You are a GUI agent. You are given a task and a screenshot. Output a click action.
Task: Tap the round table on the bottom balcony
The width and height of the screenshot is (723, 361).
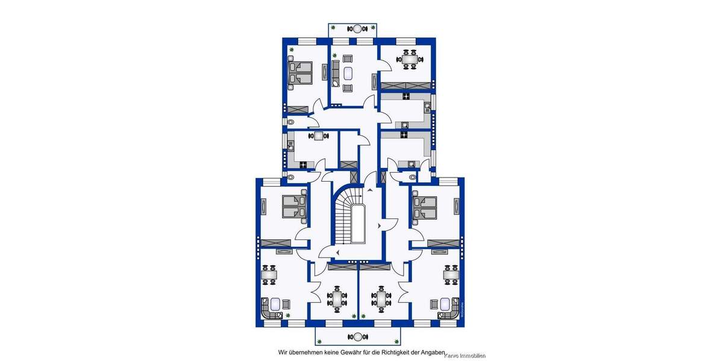(x=358, y=336)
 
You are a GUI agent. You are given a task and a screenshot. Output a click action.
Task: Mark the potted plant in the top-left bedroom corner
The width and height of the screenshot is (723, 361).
(x=292, y=49)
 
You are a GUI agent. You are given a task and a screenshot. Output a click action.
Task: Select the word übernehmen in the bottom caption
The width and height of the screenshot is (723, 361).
(x=305, y=352)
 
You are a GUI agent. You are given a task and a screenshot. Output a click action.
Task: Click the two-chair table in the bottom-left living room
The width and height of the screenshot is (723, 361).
(x=269, y=275)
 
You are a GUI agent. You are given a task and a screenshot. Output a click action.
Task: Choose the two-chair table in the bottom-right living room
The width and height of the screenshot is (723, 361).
(x=451, y=275)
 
